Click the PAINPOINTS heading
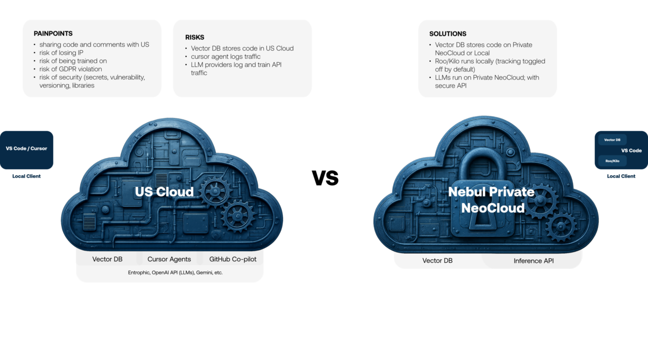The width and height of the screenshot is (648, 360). [53, 33]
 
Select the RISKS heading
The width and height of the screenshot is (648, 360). [194, 37]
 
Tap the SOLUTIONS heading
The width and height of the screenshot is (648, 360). [448, 34]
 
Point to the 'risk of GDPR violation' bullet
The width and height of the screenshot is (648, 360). [70, 69]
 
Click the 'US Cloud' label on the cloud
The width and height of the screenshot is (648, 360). [164, 191]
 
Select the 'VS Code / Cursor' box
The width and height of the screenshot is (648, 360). [26, 149]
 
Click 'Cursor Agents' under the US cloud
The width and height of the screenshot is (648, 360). [169, 259]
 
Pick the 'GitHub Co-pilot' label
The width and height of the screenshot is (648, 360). [233, 259]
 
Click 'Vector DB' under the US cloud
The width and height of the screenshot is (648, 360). [107, 259]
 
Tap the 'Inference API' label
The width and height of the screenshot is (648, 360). [534, 261]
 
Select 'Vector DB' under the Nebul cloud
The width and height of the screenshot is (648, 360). [437, 261]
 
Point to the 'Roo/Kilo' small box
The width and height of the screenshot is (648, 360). [612, 161]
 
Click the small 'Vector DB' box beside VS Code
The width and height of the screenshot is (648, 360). [613, 140]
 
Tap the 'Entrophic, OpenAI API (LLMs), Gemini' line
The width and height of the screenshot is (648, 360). [170, 272]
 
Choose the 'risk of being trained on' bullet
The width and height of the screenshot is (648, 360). [73, 61]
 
